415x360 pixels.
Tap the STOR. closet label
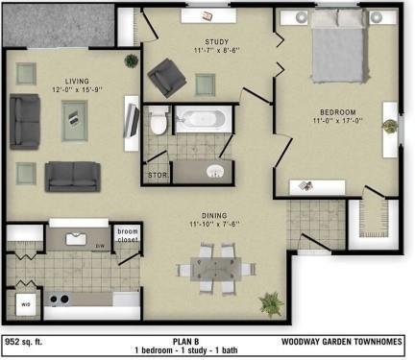click(x=157, y=177)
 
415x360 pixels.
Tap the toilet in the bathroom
click(x=159, y=122)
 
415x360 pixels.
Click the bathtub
click(x=203, y=121)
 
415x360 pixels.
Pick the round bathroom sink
click(x=216, y=173)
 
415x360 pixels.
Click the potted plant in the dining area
click(x=271, y=303)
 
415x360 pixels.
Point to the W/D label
click(x=25, y=305)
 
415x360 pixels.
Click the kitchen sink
click(x=78, y=238)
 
